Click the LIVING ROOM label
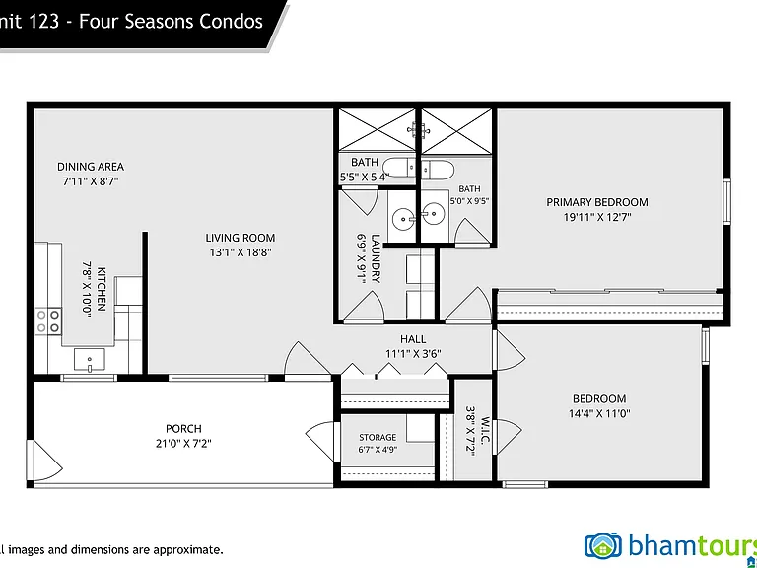tap(240, 238)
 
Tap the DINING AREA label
tap(91, 167)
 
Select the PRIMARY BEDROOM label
tap(597, 202)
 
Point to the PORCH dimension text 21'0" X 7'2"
tap(183, 443)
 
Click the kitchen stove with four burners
tap(48, 321)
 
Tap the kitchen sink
tap(90, 359)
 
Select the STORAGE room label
tap(378, 437)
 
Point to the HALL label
tap(413, 339)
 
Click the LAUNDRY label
tap(376, 258)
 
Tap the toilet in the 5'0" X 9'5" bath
tap(438, 170)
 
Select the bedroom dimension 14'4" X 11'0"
tap(599, 413)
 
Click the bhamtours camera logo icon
tap(603, 545)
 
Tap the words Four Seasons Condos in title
tap(171, 22)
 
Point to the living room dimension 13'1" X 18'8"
tap(240, 252)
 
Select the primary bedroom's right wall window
tap(726, 201)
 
